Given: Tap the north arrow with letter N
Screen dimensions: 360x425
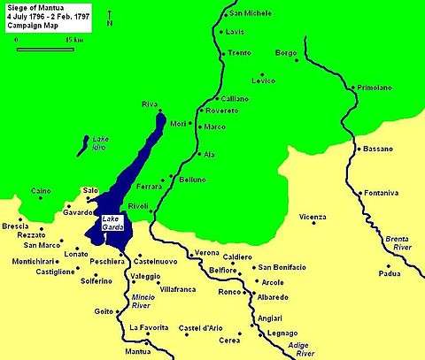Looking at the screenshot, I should pos(108,19).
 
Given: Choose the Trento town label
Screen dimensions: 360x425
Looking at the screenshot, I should pos(239,53).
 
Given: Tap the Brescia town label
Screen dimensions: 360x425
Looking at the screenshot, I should pos(15,226).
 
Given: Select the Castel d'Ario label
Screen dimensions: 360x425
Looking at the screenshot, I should pos(200,328).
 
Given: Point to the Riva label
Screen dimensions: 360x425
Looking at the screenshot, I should pos(149,104).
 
